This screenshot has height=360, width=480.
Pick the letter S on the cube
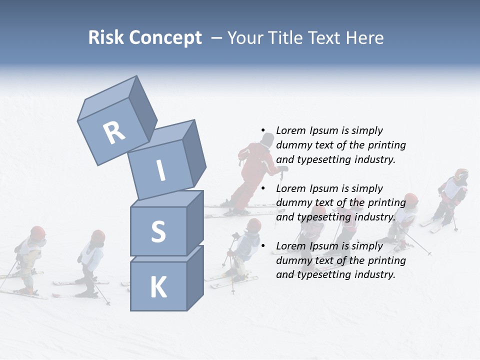158,231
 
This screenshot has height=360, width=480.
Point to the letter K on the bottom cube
158,287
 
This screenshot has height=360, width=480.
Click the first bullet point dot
263,130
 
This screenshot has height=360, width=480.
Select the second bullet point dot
263,188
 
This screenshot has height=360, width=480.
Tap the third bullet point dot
263,246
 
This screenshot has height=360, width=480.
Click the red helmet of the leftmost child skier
37,232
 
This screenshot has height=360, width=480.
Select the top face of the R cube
106,100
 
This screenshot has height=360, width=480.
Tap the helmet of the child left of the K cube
98,236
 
